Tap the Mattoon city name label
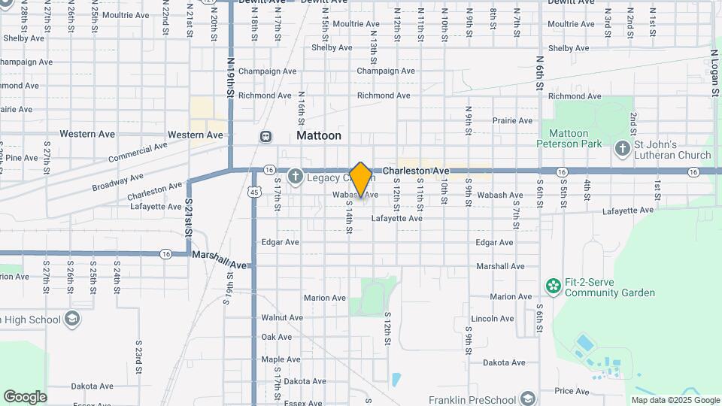pos(319,136)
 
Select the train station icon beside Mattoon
pos(265,136)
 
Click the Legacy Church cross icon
pos(295,177)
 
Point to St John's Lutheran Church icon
pos(622,148)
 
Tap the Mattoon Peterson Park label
pos(563,138)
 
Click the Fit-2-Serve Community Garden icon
pos(554,286)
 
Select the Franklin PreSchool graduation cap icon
pos(528,398)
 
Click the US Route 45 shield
pos(255,192)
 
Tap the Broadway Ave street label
pos(117,181)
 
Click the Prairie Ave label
pos(513,120)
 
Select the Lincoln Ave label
pos(493,319)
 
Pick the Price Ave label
pos(572,391)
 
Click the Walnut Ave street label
pos(282,318)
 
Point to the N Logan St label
pos(715,74)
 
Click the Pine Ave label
pos(21,158)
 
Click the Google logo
pos(25,397)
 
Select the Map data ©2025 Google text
pos(675,401)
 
